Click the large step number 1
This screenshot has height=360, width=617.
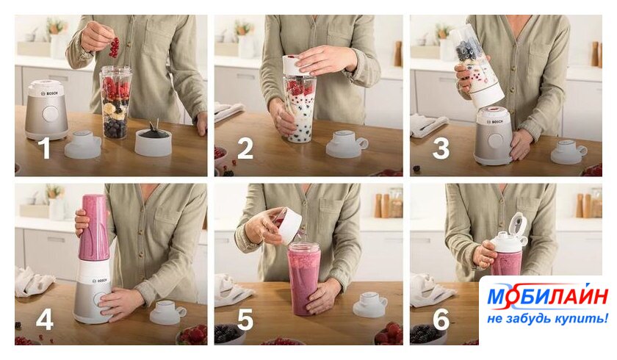tap(46, 148)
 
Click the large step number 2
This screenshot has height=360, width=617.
tap(245, 148)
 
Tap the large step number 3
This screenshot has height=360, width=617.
tap(441, 148)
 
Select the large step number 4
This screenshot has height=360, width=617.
tap(45, 319)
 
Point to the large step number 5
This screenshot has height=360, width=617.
tap(245, 319)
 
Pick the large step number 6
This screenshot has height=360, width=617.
tap(441, 319)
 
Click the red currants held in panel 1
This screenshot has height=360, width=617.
tap(115, 47)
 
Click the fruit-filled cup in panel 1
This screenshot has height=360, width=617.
tap(115, 102)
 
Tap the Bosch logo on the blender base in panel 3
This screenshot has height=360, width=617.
tap(495, 122)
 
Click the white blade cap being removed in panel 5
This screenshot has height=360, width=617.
tap(287, 226)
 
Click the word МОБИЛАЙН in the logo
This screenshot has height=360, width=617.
tap(548, 296)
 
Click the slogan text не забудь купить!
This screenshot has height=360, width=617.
tap(547, 318)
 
